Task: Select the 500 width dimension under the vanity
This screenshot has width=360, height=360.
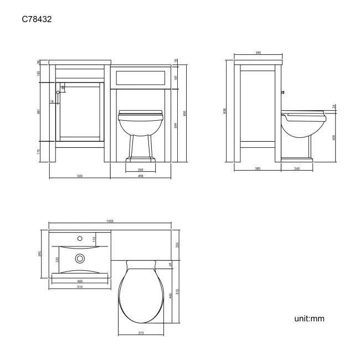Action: pyautogui.click(x=79, y=176)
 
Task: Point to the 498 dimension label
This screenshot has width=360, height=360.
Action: pyautogui.click(x=140, y=176)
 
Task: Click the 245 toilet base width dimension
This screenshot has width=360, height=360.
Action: pyautogui.click(x=140, y=169)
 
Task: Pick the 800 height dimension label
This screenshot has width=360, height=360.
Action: pyautogui.click(x=185, y=113)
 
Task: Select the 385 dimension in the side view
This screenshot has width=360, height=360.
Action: pyautogui.click(x=258, y=168)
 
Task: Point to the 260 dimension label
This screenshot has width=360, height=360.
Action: pyautogui.click(x=297, y=168)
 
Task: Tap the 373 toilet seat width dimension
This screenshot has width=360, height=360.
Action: pyautogui.click(x=140, y=332)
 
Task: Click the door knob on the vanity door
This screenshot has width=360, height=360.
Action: pyautogui.click(x=58, y=92)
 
